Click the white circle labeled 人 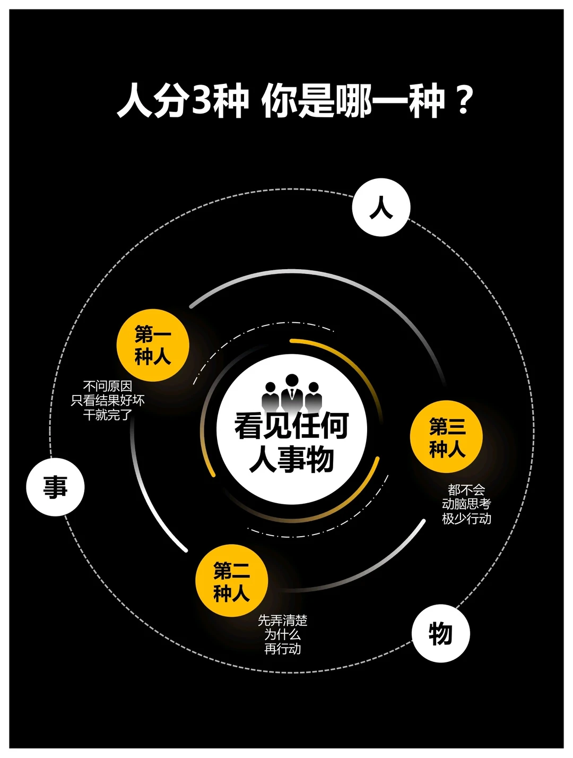[381, 208]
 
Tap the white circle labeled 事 [55, 487]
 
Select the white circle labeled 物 [440, 634]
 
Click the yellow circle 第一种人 [153, 346]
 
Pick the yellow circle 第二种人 [231, 581]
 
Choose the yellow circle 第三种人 [447, 437]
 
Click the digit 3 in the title [201, 100]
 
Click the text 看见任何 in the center [291, 426]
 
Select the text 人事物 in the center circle [291, 459]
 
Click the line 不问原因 [108, 386]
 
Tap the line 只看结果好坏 [108, 400]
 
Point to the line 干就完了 [108, 415]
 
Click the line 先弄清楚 [282, 620]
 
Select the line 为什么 [282, 634]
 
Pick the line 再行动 [282, 649]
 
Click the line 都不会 [466, 489]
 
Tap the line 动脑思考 [466, 504]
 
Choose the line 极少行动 [466, 518]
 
